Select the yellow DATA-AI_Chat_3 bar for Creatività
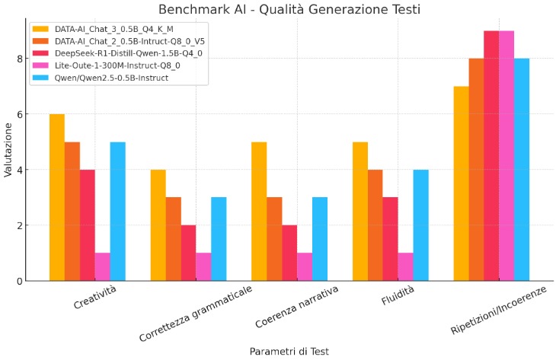[x=57, y=197]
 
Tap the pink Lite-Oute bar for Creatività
[x=102, y=266]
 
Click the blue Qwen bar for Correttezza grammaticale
[x=219, y=239]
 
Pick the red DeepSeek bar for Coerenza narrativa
[x=289, y=253]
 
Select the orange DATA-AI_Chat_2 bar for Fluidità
[x=375, y=225]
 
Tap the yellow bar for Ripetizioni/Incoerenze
[x=461, y=183]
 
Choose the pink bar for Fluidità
[x=405, y=266]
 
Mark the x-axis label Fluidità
[x=397, y=298]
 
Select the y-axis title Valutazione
[x=8, y=153]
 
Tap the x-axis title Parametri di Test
[x=289, y=351]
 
